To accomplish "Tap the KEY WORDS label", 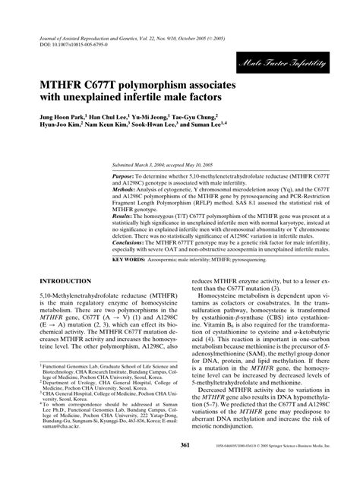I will [131, 238].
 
